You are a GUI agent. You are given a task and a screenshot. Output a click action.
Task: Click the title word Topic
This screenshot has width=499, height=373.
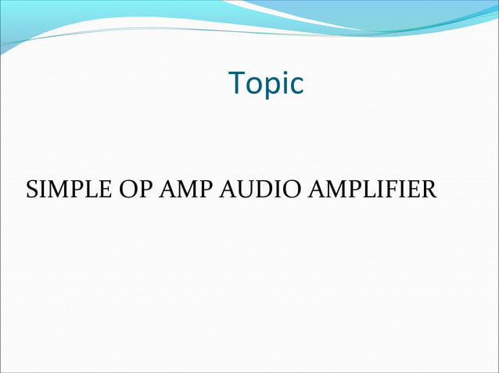pos(266,83)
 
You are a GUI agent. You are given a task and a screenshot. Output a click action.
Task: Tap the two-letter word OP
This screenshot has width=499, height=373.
pos(133,190)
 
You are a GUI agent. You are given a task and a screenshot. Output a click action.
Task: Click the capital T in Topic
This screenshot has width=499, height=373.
pos(237,83)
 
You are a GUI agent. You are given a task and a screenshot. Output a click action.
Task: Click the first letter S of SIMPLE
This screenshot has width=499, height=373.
pos(32,190)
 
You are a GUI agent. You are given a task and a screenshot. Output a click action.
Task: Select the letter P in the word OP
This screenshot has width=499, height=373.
pos(142,190)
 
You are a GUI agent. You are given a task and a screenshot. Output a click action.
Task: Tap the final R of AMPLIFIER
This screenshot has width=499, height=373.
pos(429,190)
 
